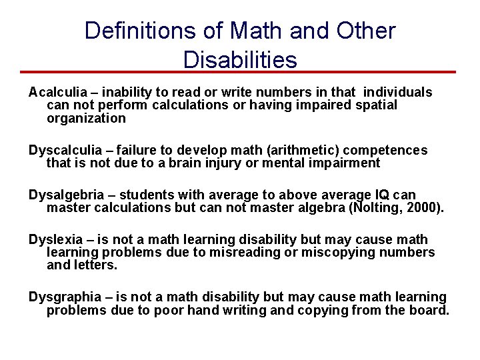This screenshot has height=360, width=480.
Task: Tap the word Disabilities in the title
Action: (x=240, y=60)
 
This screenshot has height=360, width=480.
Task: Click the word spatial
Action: (x=374, y=105)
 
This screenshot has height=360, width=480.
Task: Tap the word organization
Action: (x=86, y=119)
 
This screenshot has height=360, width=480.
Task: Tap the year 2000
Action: (x=423, y=208)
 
